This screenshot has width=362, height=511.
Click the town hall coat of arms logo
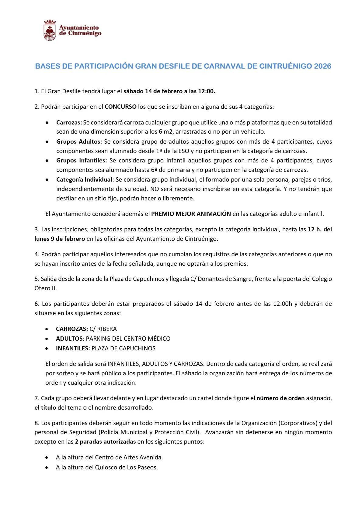coord(50,30)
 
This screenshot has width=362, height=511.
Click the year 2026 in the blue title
coord(322,66)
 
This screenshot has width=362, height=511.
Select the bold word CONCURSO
coord(120,107)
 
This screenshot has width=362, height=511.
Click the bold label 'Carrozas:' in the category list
coord(69,122)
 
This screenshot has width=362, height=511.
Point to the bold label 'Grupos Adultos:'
coord(79,141)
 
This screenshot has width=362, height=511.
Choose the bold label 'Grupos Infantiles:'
coord(82,160)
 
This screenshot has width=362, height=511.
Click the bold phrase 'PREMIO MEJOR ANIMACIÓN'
coord(191,214)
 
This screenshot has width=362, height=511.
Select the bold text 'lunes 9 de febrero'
coord(60,239)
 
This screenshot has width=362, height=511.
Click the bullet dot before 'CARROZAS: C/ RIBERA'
coord(47,329)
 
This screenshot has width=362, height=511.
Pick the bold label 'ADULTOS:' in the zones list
coord(70,339)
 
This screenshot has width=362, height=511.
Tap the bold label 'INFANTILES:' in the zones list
coord(73,348)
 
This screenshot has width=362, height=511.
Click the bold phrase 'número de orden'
coord(280,398)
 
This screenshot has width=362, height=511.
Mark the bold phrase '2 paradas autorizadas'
coord(105,441)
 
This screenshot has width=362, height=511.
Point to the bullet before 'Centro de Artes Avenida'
coord(47,457)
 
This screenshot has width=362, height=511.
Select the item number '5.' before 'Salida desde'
coord(37,279)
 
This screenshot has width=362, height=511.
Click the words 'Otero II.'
coord(46,288)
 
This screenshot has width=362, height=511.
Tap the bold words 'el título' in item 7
coord(45,407)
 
